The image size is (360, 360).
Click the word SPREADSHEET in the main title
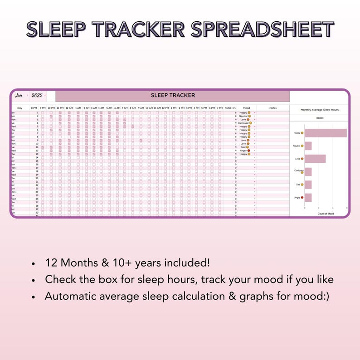263,29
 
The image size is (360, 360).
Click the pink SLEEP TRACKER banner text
173,96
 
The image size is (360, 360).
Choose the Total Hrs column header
231,108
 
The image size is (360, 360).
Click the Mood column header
246,108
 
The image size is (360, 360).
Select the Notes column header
272,108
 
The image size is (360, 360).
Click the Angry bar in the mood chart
308,198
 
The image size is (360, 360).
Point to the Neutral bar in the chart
308,146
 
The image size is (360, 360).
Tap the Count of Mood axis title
325,213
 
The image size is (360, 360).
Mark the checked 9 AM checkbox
141,140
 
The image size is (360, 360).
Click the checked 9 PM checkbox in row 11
43,147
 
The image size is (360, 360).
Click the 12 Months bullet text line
127,263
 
